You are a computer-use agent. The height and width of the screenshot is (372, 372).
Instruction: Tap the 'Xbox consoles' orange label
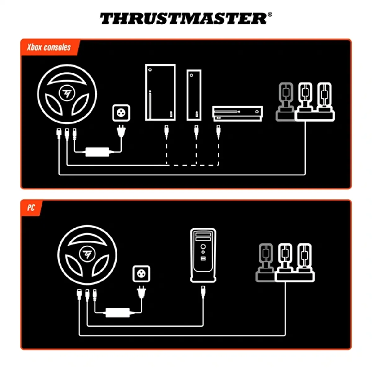[49, 47]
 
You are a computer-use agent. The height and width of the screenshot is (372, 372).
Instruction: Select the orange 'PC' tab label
[31, 208]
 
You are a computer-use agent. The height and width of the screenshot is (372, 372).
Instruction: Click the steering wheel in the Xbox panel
[67, 94]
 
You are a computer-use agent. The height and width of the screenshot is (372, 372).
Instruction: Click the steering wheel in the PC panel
[87, 255]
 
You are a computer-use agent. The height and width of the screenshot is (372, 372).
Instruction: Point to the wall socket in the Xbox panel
[121, 113]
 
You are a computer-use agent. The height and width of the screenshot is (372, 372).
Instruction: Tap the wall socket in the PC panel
[141, 274]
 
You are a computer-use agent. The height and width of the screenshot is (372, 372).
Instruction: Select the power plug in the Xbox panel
[121, 131]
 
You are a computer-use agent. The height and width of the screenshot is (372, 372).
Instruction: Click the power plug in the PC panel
[141, 291]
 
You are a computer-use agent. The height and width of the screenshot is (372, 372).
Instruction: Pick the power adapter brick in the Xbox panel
[97, 152]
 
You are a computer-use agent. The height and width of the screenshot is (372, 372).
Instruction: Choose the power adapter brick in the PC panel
[117, 312]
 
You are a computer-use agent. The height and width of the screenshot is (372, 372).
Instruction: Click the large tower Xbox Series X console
[161, 92]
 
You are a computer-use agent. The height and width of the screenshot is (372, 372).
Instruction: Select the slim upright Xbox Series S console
[194, 95]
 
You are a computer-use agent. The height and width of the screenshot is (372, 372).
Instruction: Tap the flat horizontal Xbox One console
[237, 113]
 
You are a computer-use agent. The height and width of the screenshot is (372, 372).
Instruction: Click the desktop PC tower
[203, 255]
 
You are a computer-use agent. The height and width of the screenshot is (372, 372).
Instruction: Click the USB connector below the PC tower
[203, 292]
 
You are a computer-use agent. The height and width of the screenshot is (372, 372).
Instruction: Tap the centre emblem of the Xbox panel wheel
[67, 93]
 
